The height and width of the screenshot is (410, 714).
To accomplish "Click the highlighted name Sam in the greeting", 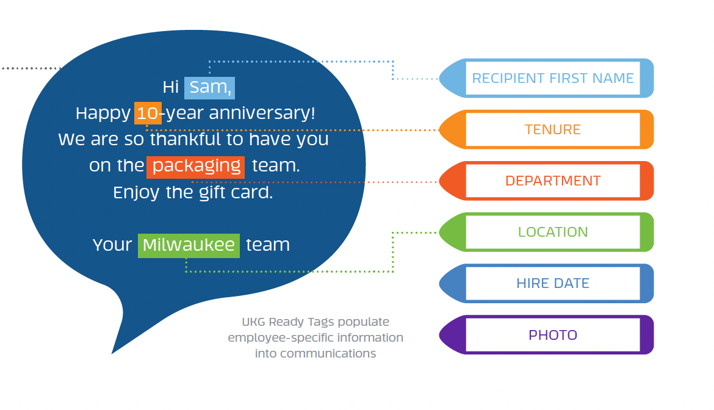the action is tap(209, 88).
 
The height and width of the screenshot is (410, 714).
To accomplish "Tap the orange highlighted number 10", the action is tap(148, 113).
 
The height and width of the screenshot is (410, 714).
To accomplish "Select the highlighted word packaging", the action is tap(196, 167).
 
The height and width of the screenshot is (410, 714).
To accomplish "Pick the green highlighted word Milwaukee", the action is tap(189, 246).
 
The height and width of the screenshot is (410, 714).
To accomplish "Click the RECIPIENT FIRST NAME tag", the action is tap(546, 78).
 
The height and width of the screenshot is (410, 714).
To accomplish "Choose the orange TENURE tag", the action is tap(546, 130).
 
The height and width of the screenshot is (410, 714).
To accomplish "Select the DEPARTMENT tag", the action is tap(546, 181).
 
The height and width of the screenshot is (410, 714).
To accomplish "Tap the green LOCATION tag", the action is tap(546, 232).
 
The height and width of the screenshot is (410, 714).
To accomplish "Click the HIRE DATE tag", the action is tap(546, 284).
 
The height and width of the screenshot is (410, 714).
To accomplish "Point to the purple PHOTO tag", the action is tap(546, 335).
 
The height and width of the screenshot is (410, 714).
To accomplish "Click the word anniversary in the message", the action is tap(262, 113).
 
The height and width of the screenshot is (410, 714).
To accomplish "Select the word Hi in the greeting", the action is tap(171, 87).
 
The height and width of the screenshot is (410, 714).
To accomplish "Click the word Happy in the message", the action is tap(103, 113).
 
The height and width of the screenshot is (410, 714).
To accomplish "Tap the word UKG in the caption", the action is tap(253, 322).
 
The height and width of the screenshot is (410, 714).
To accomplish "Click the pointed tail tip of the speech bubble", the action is tap(112, 353).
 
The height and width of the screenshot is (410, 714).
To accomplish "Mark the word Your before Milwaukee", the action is tap(112, 245).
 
